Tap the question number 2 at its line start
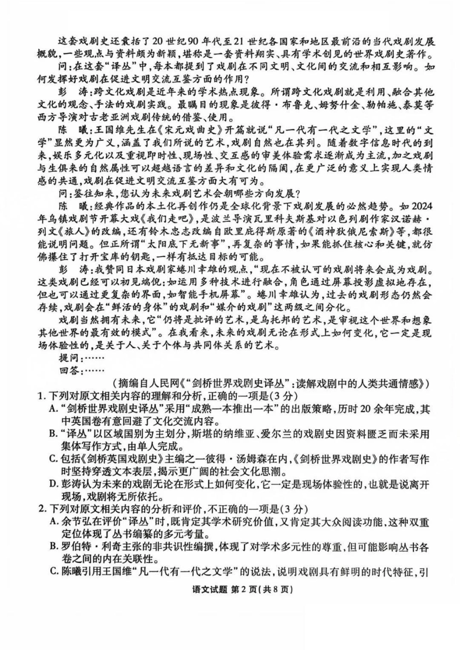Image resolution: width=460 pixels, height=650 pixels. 41,509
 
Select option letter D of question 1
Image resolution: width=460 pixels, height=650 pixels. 54,484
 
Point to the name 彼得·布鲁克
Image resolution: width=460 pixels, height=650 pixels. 320,104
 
